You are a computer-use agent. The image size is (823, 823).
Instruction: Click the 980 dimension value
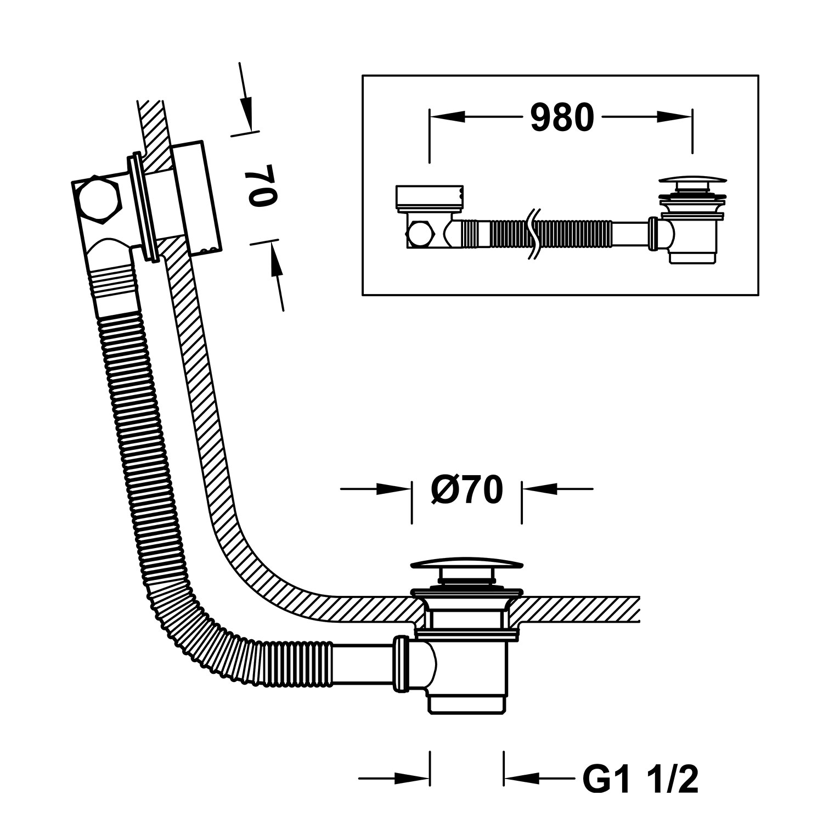(562, 117)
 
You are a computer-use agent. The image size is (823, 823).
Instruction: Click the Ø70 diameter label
(466, 490)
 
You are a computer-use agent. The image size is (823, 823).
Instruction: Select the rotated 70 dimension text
(262, 185)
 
